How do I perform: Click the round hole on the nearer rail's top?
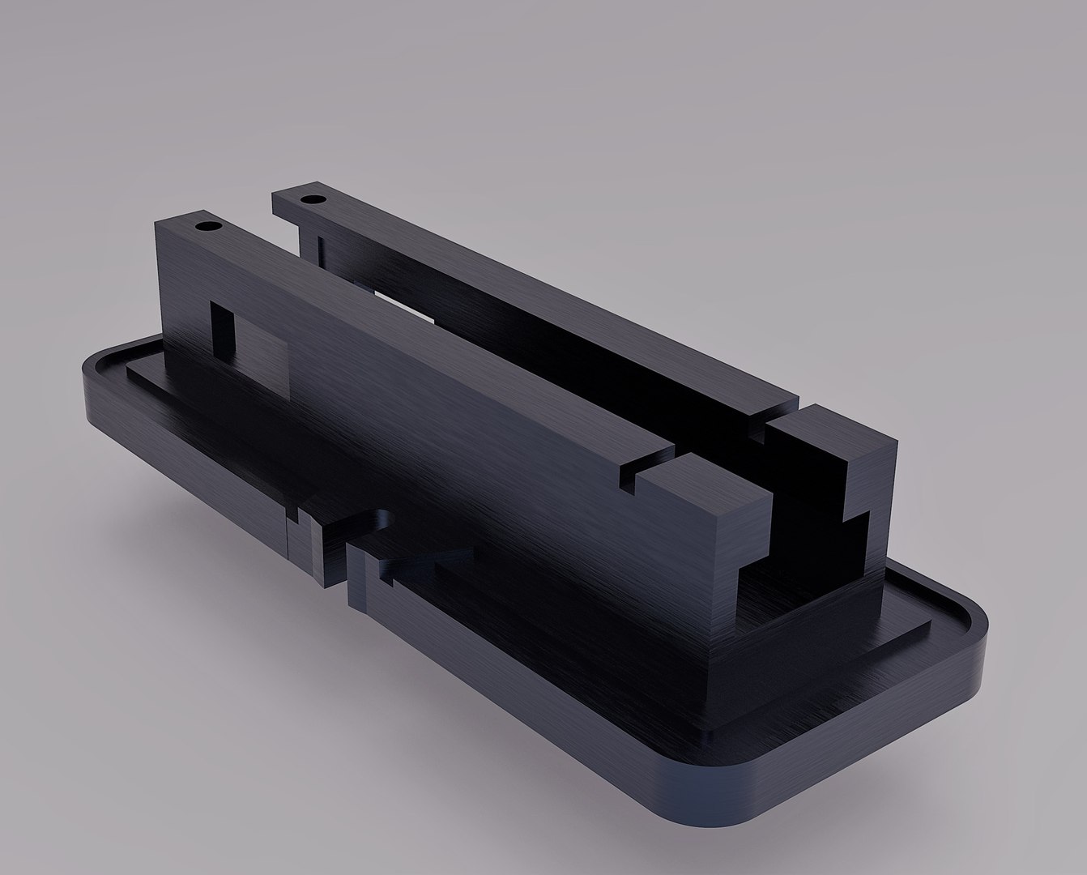coord(209,226)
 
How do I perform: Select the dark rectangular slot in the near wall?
coord(222,328)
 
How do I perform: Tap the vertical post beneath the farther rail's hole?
coord(312,243)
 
